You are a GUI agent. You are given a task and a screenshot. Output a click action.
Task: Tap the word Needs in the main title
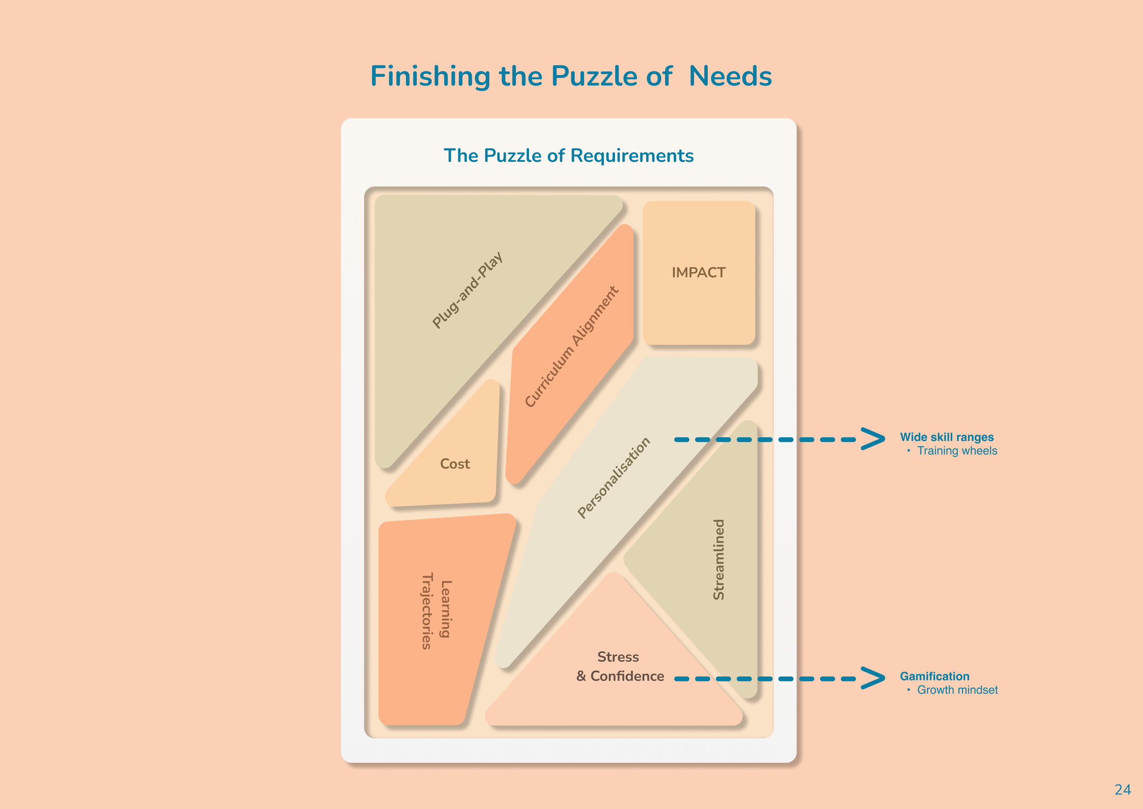click(730, 77)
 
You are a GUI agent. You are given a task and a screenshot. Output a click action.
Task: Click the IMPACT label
click(698, 273)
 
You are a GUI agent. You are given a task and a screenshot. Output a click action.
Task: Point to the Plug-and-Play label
click(467, 290)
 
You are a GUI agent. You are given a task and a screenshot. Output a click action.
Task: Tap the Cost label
click(455, 464)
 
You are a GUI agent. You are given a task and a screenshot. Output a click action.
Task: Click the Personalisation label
click(614, 478)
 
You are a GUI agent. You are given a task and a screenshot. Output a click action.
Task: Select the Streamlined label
click(719, 559)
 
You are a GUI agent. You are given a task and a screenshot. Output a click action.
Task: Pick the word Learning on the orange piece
click(446, 609)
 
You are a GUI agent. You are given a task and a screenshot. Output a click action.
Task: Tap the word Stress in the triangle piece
click(618, 657)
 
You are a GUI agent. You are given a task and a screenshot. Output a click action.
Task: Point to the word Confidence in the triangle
click(627, 676)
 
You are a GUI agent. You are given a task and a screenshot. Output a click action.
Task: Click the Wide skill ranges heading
click(946, 437)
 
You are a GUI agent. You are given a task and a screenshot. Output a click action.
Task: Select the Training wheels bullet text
click(957, 451)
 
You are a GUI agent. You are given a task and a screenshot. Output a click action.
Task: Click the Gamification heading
click(935, 676)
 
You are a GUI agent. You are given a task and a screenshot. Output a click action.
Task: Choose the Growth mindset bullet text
click(957, 690)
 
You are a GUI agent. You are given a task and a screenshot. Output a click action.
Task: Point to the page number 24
click(1122, 790)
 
